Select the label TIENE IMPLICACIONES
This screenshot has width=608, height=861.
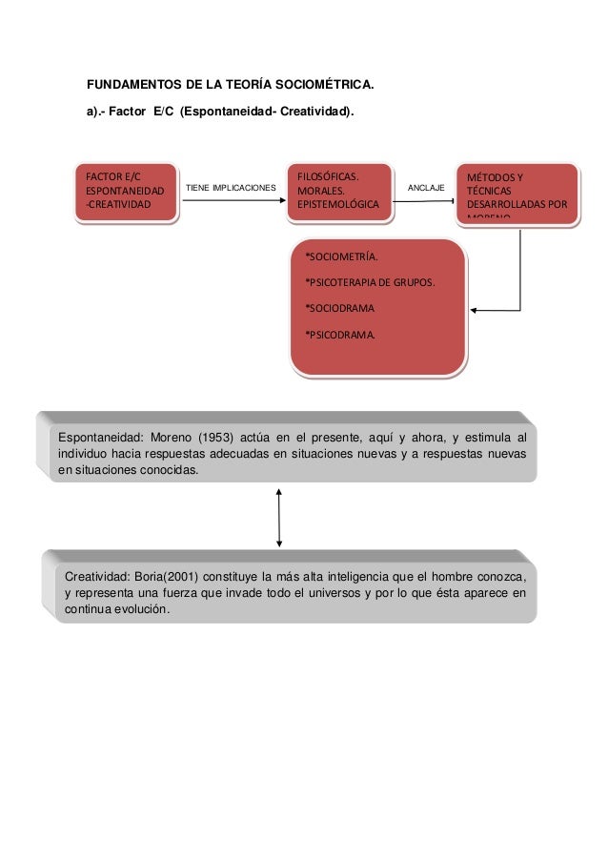[x=230, y=189]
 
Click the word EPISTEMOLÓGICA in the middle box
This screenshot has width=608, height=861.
[x=337, y=205]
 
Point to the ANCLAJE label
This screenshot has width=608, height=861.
[x=426, y=189]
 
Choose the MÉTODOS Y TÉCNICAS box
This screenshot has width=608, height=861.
[x=518, y=195]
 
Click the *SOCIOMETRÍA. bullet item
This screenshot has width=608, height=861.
[x=340, y=257]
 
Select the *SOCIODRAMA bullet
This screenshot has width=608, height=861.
[x=339, y=308]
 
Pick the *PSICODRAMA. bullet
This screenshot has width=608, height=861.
[x=339, y=334]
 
